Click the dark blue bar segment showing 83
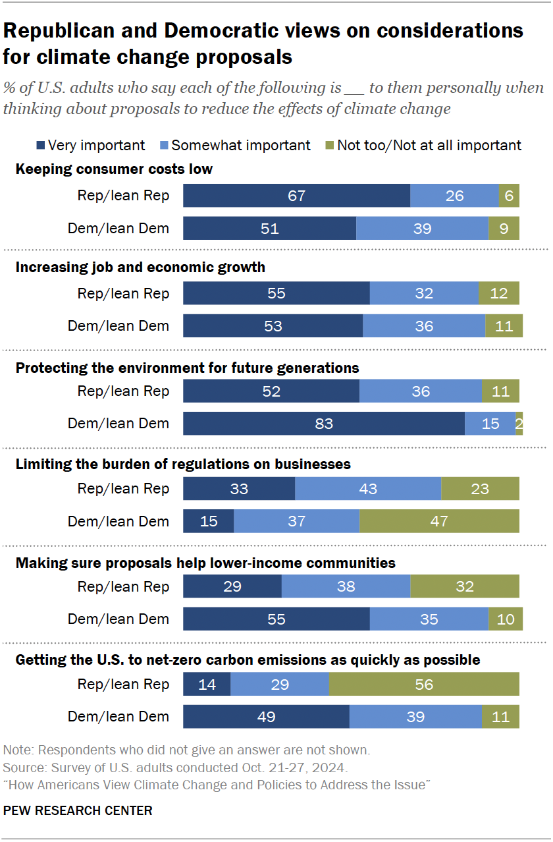click(x=323, y=424)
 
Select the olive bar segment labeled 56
click(x=424, y=685)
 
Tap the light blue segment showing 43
click(x=367, y=489)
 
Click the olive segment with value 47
click(x=439, y=521)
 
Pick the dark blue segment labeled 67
click(x=296, y=196)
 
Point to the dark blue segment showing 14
click(x=207, y=685)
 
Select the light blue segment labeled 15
click(x=490, y=424)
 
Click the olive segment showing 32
click(x=464, y=586)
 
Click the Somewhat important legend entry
click(x=234, y=145)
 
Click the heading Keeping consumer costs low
click(x=114, y=169)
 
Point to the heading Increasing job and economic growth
click(x=140, y=267)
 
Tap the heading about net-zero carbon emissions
click(x=248, y=660)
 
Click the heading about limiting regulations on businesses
click(x=183, y=464)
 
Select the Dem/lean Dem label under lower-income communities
click(x=118, y=619)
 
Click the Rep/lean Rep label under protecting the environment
click(x=123, y=391)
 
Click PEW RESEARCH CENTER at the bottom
click(x=78, y=810)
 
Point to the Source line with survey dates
click(x=175, y=768)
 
